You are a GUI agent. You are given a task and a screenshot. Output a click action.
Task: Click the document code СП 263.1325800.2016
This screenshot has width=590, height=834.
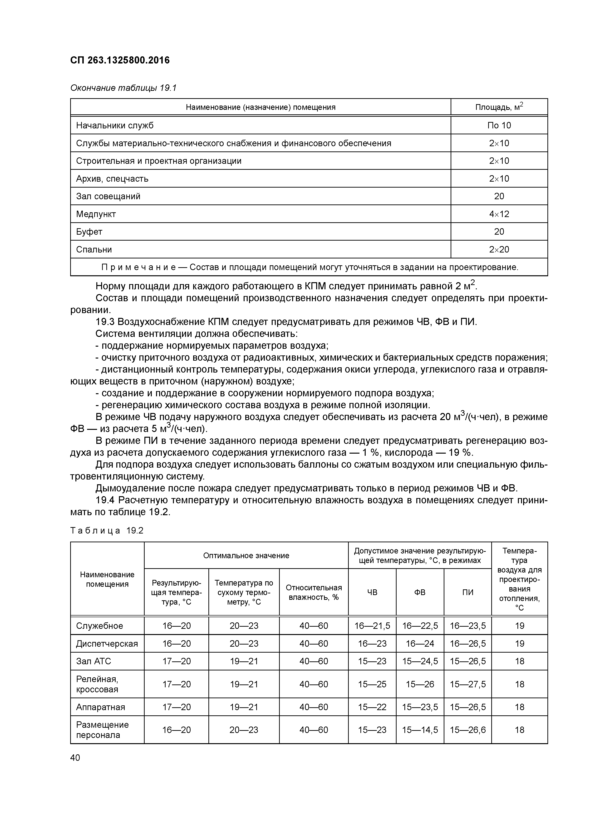(x=120, y=60)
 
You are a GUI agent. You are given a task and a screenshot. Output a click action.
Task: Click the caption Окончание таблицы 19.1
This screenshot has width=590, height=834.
(x=123, y=88)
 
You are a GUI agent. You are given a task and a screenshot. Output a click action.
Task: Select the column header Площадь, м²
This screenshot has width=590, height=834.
(x=499, y=107)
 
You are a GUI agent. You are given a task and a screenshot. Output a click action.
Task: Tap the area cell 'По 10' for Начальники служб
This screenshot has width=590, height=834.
(x=499, y=126)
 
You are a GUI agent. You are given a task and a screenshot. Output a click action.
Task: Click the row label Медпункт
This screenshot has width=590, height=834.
(x=96, y=214)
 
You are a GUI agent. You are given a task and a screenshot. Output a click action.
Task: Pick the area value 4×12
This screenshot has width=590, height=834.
(x=499, y=214)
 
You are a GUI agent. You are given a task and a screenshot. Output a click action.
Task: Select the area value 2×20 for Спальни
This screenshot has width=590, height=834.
(x=499, y=250)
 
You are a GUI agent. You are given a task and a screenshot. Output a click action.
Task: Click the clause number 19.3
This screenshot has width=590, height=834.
(x=105, y=322)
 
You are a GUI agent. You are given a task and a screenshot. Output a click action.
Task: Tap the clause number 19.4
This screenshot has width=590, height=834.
(x=105, y=500)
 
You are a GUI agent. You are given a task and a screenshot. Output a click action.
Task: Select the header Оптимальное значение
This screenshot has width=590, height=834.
(x=246, y=555)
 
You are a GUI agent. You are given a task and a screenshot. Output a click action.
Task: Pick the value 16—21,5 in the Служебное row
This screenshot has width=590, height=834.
(x=372, y=626)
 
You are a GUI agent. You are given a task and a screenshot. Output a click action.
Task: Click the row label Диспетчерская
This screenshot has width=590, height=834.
(x=107, y=644)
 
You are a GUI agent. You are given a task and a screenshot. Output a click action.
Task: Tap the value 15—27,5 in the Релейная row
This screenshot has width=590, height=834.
(x=467, y=684)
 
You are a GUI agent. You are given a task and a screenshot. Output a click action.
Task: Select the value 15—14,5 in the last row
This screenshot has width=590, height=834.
(x=420, y=730)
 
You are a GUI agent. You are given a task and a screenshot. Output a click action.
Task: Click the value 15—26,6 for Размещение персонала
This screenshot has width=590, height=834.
(x=467, y=730)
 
